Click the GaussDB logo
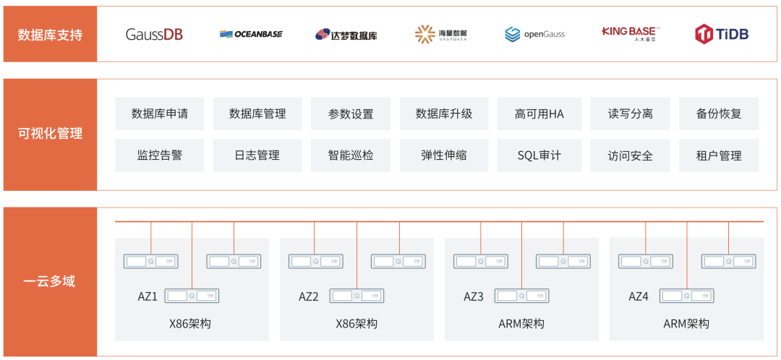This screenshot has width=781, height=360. (x=154, y=34)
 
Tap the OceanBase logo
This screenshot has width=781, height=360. (x=251, y=34)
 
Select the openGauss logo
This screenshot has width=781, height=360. (x=534, y=34)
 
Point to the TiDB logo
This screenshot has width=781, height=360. (x=722, y=33)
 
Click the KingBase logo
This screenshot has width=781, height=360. (x=629, y=33)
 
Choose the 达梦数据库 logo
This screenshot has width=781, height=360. (x=346, y=34)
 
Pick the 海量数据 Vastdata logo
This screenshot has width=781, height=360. (x=441, y=34)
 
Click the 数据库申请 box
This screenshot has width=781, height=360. (x=160, y=113)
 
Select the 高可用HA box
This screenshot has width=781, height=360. (x=539, y=113)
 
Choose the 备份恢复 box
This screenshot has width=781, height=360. (x=719, y=113)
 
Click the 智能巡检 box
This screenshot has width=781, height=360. (x=351, y=155)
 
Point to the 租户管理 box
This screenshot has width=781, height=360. (x=719, y=155)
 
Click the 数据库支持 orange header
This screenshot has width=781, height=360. (x=50, y=34)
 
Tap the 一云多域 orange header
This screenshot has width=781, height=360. (x=50, y=281)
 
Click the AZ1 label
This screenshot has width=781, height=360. (x=148, y=296)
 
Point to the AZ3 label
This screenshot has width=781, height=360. (x=474, y=296)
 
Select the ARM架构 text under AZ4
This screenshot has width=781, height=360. (x=686, y=324)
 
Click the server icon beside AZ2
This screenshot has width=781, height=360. (x=357, y=296)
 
